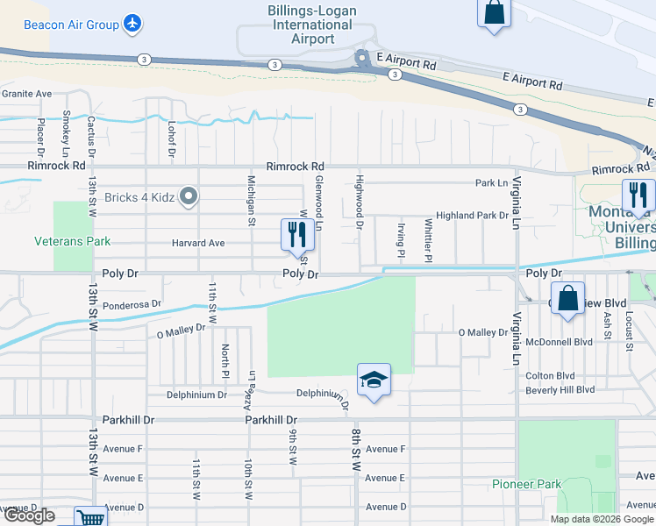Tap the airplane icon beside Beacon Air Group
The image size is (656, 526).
pos(132,24)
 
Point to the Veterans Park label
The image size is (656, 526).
pos(73,240)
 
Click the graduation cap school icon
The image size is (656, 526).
pos(374,380)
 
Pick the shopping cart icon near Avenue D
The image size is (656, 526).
pos(90,517)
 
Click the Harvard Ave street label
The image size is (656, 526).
pos(199,243)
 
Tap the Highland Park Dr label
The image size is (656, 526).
pos(472,215)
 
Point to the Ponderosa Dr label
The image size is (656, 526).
pos(132,304)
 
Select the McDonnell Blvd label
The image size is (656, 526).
pos(559,342)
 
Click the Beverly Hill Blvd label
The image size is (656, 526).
pos(560,389)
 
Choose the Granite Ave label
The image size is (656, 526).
pos(27,94)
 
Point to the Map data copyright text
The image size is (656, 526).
pos(601,519)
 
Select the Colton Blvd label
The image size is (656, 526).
pos(550,375)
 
